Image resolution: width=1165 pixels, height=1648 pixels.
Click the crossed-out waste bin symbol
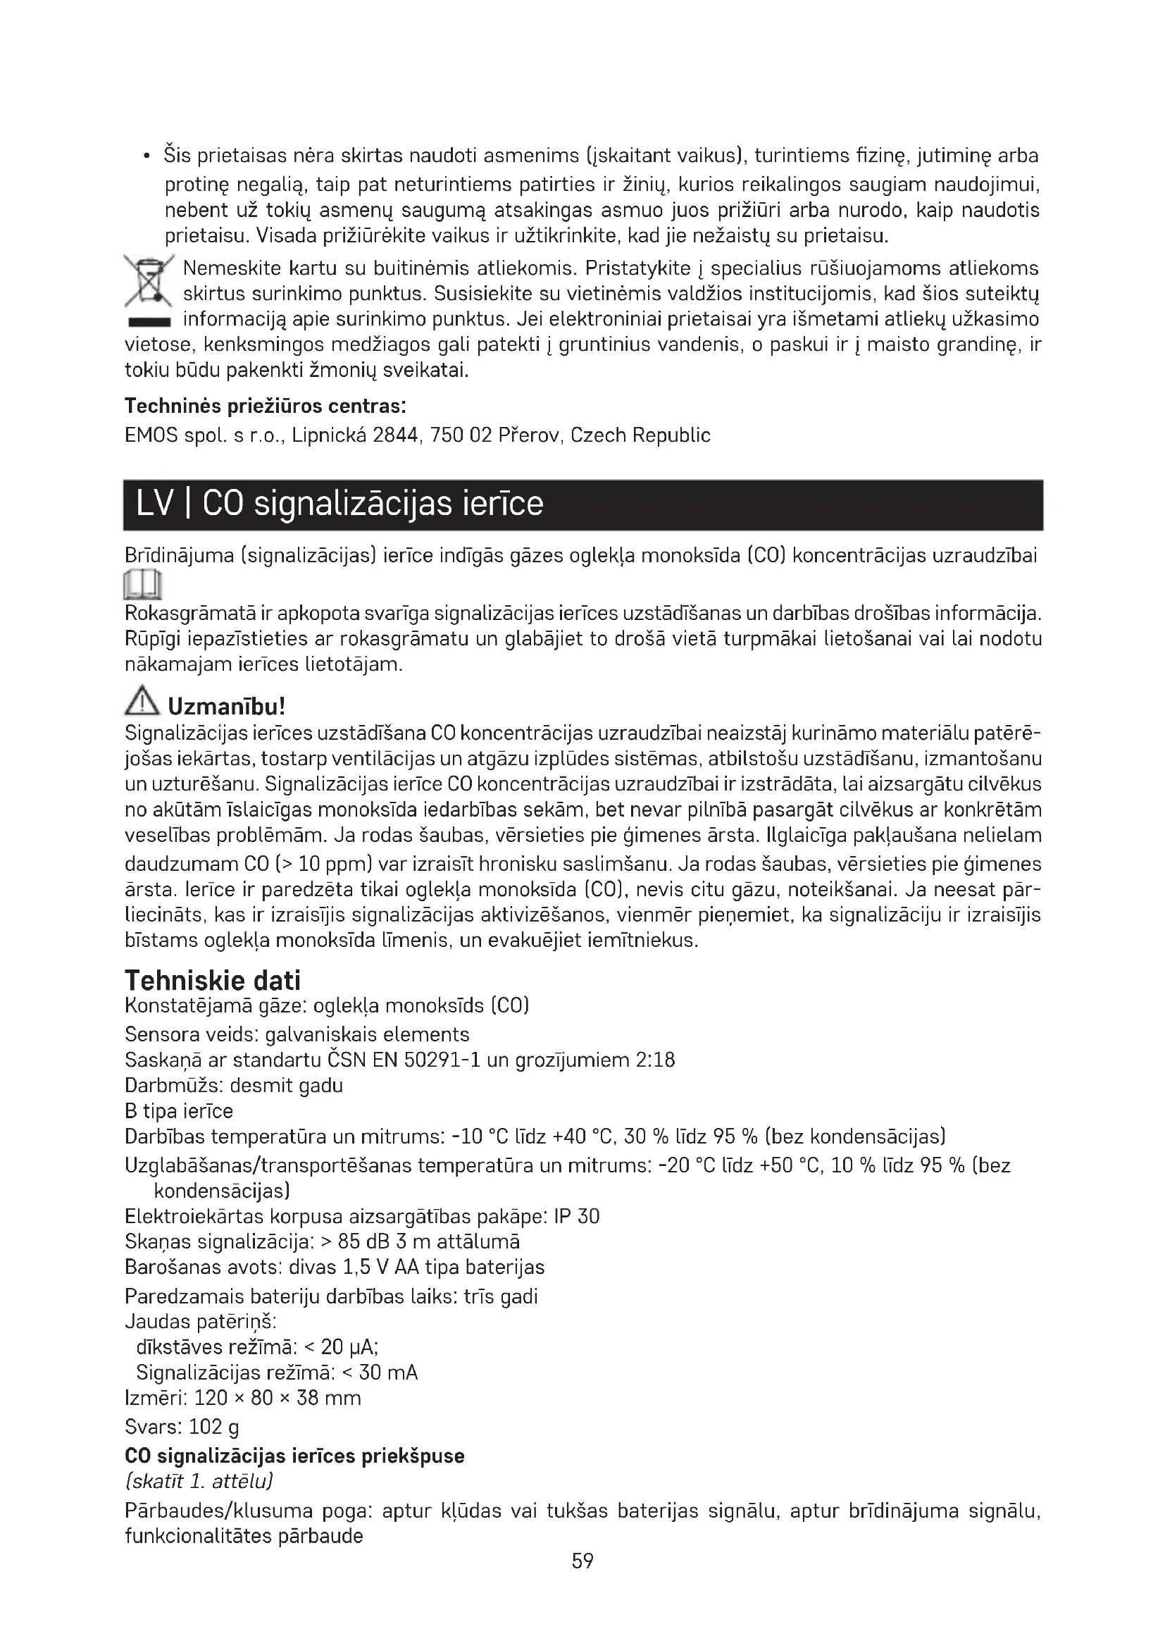point(149,280)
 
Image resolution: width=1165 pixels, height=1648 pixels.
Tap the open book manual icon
point(144,584)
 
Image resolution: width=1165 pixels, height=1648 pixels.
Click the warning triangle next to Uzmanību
point(142,700)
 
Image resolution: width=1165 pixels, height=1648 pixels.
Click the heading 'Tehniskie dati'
point(212,980)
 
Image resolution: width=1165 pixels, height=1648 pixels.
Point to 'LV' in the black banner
point(156,504)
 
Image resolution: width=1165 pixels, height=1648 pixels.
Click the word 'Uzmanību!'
point(227,706)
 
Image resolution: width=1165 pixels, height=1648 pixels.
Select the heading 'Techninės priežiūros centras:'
point(266,407)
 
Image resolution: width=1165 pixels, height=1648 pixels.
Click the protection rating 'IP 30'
point(577,1216)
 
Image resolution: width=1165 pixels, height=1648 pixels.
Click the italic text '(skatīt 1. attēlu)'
point(199,1481)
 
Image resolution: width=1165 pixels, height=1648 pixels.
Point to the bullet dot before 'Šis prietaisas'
point(147,156)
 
